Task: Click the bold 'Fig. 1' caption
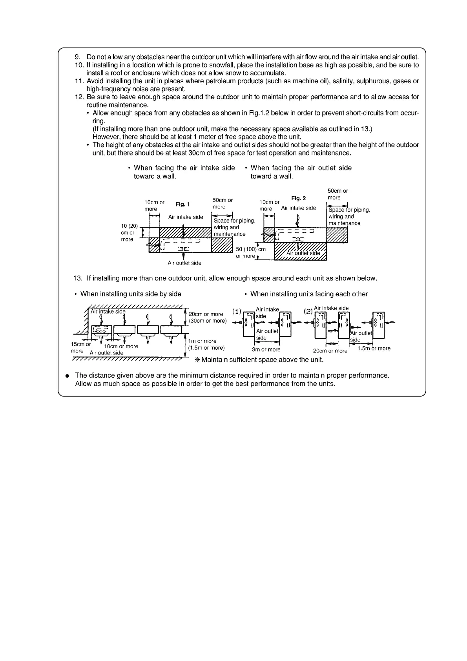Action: tap(182, 204)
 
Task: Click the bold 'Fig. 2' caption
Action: tap(299, 198)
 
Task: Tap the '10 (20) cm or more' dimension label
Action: tap(129, 232)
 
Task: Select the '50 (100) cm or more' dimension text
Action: tap(250, 252)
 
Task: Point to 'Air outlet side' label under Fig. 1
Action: tap(184, 263)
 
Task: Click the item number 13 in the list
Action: tap(78, 278)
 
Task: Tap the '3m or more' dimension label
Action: tap(266, 349)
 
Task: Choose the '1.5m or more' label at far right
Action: tap(374, 348)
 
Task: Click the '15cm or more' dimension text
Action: tap(80, 347)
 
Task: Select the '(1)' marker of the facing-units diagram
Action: tap(236, 312)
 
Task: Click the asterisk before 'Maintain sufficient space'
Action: tap(197, 360)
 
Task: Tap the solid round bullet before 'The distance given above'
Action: tap(67, 376)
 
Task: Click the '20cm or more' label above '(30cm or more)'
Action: tap(206, 314)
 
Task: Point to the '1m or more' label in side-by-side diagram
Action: tap(202, 341)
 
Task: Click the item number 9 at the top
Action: tap(77, 57)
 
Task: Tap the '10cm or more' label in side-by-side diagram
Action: tap(121, 346)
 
